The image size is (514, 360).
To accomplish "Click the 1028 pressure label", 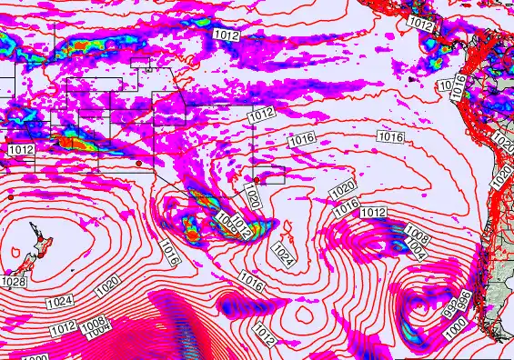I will tap(14, 282).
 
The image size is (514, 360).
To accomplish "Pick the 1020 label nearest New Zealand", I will tap(106, 285).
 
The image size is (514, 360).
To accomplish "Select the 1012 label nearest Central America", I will tap(419, 23).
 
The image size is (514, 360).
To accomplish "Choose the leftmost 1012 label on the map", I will tap(21, 149).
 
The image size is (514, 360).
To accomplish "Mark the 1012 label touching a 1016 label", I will tap(372, 212).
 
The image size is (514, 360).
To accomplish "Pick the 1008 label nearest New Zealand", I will tap(92, 323).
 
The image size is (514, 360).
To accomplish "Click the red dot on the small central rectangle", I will tap(256, 180).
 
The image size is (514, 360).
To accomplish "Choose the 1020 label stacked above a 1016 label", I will tap(342, 191).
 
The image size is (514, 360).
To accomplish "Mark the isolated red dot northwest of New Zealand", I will tap(10, 195).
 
